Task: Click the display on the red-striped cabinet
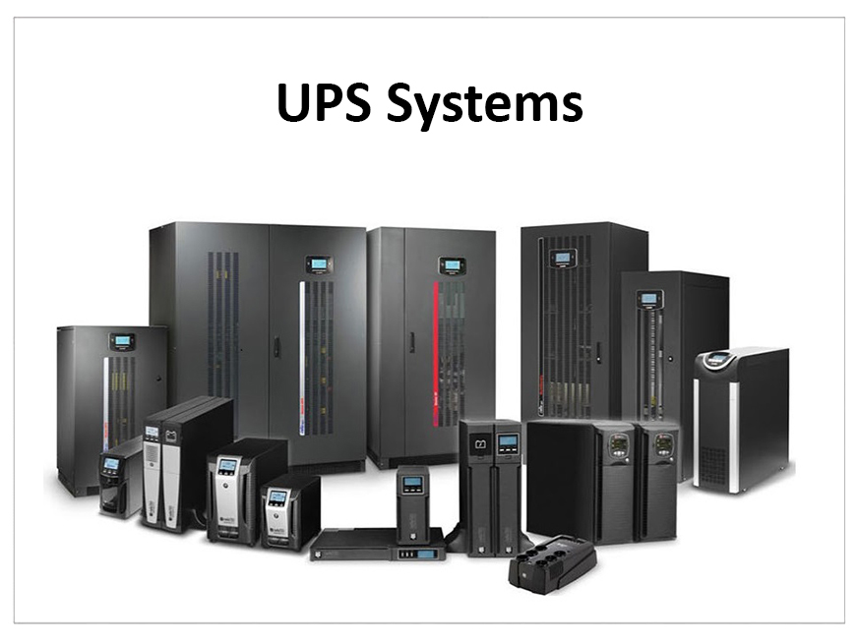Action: coord(452,265)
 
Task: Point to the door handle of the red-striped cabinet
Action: coord(410,341)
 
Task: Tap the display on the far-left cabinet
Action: coord(123,341)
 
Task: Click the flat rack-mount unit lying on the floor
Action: coord(377,544)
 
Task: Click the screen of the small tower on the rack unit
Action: coord(412,483)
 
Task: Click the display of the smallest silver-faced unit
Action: coord(277,497)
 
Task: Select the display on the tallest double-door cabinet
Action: coord(317,263)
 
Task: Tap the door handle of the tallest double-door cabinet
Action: coord(277,346)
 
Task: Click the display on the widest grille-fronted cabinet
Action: coord(563,258)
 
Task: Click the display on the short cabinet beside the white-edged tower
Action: coord(647,298)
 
